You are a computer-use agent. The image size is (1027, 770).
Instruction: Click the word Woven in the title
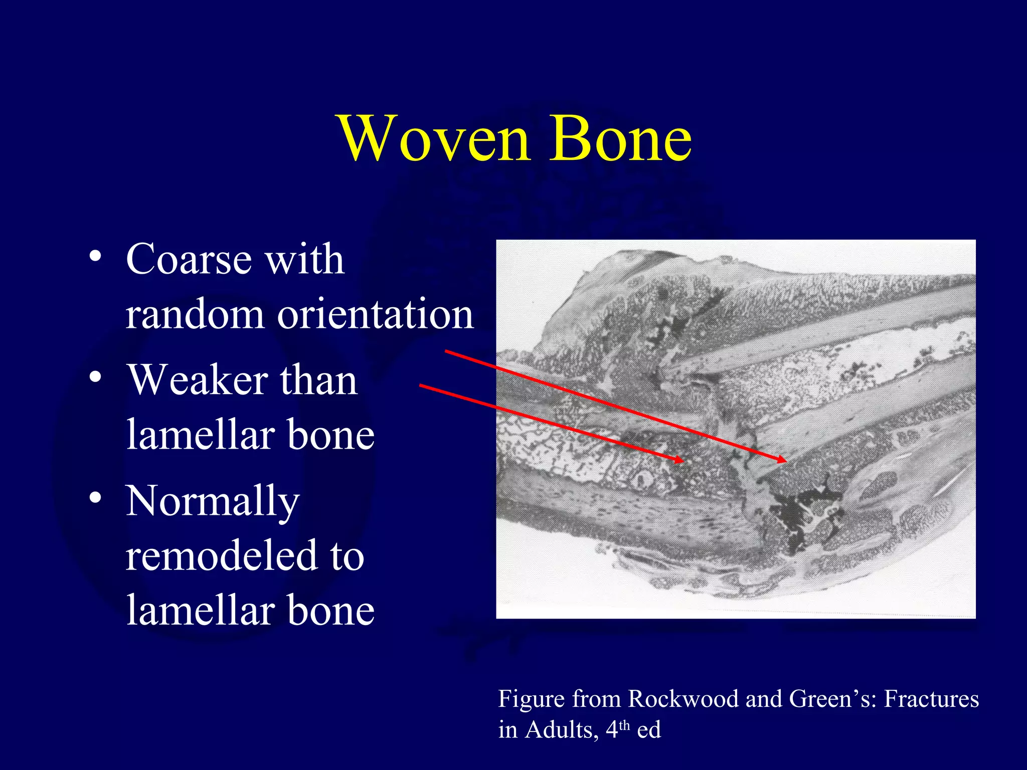(x=434, y=139)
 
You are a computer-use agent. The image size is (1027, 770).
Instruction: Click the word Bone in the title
(x=620, y=139)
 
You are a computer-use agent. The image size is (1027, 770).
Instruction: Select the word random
(x=195, y=314)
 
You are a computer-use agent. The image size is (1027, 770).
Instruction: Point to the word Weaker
(x=196, y=380)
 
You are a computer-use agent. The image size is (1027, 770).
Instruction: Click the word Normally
(x=213, y=501)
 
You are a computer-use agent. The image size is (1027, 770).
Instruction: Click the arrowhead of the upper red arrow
(x=783, y=460)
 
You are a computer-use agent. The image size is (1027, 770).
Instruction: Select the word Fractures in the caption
(x=931, y=699)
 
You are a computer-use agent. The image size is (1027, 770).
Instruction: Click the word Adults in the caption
(x=562, y=729)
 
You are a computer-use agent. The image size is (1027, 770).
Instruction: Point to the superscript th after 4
(x=624, y=725)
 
